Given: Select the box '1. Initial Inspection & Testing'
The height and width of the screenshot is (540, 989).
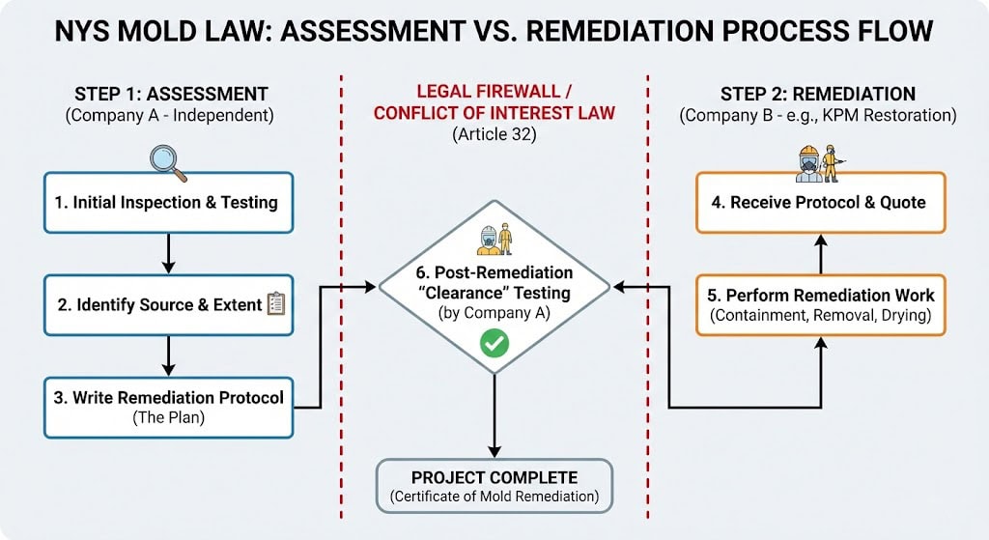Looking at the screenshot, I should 168,203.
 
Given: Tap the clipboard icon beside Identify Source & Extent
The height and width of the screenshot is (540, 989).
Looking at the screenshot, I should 276,303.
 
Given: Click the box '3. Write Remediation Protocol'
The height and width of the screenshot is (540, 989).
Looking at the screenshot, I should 168,406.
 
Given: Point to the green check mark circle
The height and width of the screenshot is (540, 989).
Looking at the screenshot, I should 494,343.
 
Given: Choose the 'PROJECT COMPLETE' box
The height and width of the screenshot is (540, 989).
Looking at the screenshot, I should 494,486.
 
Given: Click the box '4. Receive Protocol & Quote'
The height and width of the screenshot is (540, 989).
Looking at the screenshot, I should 820,203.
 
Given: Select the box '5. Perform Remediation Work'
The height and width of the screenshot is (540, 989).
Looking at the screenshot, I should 820,304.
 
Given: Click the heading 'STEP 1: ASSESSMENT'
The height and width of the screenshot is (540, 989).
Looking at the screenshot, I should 171,94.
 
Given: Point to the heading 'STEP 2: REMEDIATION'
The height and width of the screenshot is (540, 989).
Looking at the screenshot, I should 818,94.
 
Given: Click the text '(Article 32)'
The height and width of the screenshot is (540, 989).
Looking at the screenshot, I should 494,135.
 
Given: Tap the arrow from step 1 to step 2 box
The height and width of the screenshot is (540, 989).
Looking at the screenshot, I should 168,253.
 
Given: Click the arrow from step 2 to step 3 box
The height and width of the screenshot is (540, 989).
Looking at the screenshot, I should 168,355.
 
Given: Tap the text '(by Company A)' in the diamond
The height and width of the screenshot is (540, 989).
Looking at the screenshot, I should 494,312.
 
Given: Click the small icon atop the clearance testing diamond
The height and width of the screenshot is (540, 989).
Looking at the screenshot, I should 494,240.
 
